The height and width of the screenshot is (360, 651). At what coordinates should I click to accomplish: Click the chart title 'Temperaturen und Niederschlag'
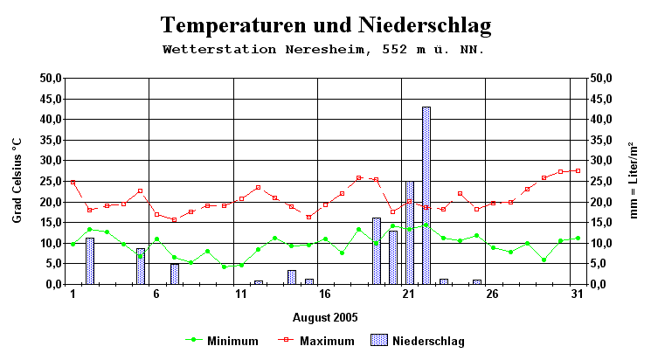coord(325,24)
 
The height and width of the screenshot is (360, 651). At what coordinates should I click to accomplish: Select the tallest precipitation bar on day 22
coord(426,196)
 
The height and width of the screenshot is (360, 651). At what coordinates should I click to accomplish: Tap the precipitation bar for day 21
coord(409,232)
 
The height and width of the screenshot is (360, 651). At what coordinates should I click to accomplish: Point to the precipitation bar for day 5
coord(140,267)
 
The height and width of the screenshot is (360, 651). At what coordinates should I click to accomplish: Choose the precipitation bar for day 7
coord(174,273)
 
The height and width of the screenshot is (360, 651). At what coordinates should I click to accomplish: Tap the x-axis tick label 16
coord(324,295)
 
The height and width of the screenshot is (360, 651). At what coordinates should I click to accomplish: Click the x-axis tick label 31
coord(577,295)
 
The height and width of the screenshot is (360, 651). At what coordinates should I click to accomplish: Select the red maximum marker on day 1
coord(73,182)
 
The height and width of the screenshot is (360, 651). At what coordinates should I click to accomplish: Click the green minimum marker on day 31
coord(577,238)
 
